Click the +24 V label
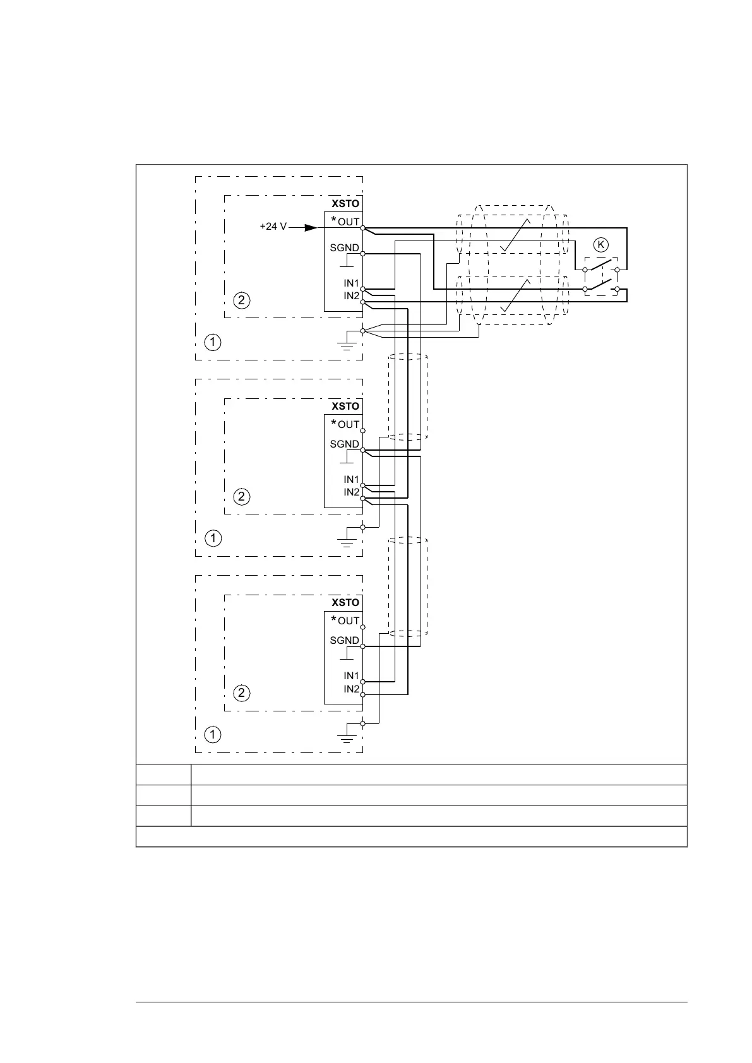point(273,227)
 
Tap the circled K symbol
point(600,244)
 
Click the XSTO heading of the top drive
point(345,204)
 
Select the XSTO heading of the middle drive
point(345,407)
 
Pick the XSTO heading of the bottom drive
point(345,603)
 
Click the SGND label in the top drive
point(344,248)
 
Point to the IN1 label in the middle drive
point(351,480)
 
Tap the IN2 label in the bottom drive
point(351,689)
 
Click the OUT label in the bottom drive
point(349,621)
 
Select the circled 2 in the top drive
point(241,300)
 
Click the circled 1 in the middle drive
point(213,538)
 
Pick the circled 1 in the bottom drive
point(213,735)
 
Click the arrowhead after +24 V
point(311,227)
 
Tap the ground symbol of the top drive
point(346,344)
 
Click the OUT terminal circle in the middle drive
point(363,431)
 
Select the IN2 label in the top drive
point(351,295)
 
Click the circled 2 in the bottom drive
point(241,693)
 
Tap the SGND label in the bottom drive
point(344,641)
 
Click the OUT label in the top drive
point(349,222)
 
